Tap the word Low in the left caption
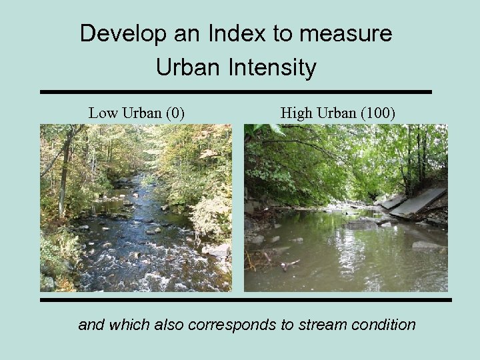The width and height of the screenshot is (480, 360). pos(102,113)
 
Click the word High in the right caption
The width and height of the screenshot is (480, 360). pos(295,113)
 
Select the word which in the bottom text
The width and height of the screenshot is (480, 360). pos(130,325)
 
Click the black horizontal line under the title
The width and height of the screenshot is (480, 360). pos(236,91)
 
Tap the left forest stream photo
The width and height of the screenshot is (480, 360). pos(136,208)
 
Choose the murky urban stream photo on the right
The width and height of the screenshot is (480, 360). pos(345,208)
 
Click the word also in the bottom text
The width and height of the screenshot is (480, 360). pos(170,325)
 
